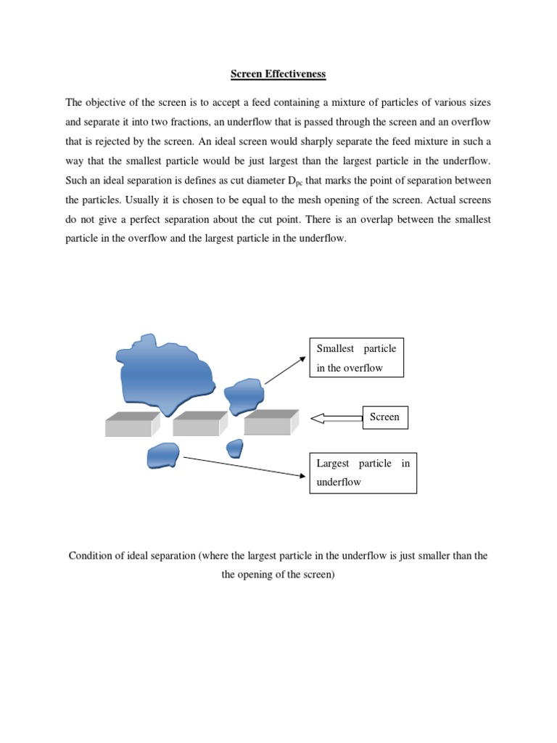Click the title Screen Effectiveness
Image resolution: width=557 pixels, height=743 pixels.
(278, 73)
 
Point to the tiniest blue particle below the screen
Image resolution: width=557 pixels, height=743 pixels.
(234, 448)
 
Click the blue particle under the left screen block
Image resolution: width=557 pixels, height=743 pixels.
(162, 455)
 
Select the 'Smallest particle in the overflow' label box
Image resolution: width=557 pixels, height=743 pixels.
(356, 358)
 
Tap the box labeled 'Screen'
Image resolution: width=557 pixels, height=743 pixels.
(384, 417)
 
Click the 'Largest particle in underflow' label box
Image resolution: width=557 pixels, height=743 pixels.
(363, 472)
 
